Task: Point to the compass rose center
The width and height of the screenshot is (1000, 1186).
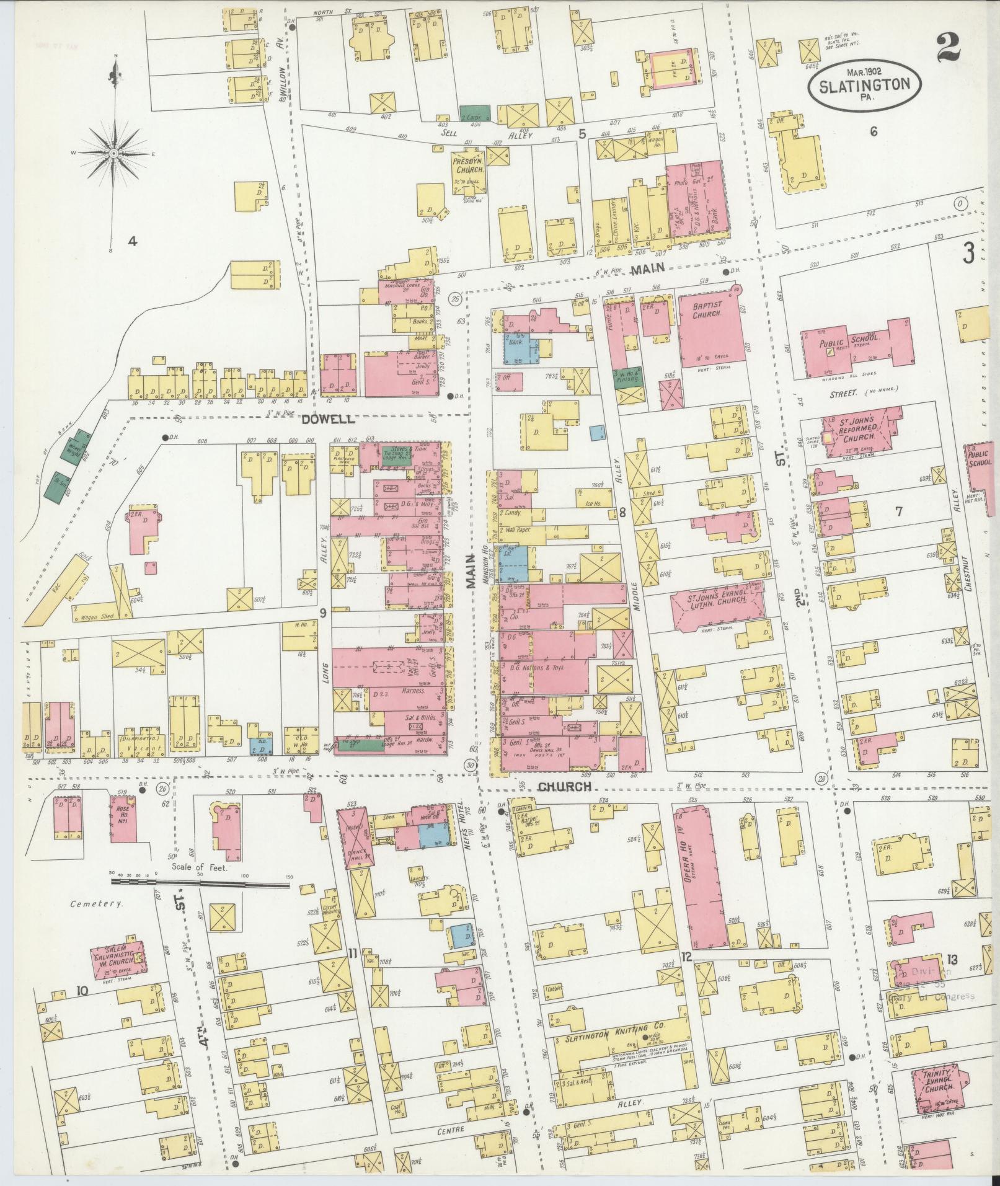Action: pos(115,152)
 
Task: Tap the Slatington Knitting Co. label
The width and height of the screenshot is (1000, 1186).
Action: pos(615,1040)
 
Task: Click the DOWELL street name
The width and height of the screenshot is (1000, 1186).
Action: pos(329,420)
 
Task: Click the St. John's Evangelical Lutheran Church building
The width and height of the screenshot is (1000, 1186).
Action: pos(716,604)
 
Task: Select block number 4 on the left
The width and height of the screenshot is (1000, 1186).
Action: pos(131,242)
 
